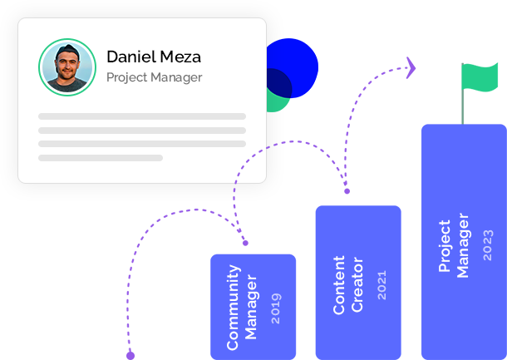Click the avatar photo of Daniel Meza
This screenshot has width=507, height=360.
(x=66, y=67)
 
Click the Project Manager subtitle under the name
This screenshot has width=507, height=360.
(x=154, y=77)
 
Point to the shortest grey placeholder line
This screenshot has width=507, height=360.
(x=100, y=157)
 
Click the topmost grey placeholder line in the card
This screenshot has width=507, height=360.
(x=141, y=116)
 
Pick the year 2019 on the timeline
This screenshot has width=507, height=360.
(x=276, y=308)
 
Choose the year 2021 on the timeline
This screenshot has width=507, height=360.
(x=381, y=285)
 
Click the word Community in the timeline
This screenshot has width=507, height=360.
(x=234, y=307)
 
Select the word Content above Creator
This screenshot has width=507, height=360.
(x=339, y=285)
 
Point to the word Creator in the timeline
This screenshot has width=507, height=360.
(x=358, y=285)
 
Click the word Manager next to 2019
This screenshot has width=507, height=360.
(x=253, y=307)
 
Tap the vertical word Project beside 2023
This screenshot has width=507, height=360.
(x=445, y=246)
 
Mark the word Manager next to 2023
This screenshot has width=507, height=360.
(x=464, y=246)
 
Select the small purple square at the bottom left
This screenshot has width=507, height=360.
(x=130, y=355)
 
